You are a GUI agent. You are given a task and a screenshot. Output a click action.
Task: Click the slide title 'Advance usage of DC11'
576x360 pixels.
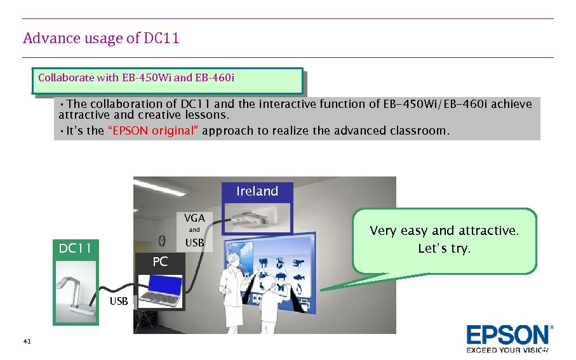101,38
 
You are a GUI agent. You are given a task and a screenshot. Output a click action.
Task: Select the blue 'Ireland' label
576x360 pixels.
257,191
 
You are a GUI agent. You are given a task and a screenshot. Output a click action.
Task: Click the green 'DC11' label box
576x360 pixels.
76,248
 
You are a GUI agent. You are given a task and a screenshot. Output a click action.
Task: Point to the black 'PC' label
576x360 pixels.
160,262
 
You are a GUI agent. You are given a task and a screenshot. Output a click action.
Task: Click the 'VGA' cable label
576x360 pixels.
194,218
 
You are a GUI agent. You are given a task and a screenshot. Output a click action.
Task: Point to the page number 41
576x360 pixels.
27,342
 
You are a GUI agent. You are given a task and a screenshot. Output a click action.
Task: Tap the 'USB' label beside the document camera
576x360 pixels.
118,301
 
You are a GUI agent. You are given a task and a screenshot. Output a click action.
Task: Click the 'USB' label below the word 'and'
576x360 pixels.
194,243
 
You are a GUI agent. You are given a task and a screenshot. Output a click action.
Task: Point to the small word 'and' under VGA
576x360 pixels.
194,230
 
